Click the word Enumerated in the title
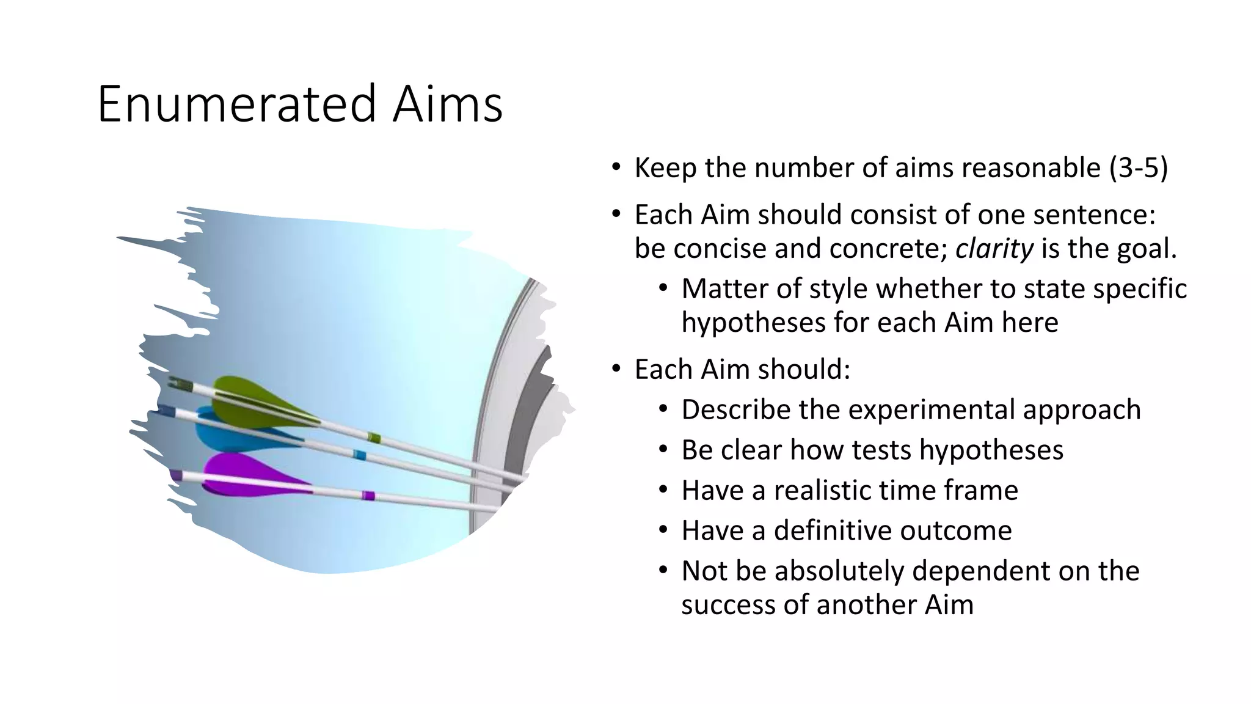(x=236, y=104)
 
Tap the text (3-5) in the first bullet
(x=1138, y=167)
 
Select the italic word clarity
(x=994, y=248)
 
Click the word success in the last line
(x=726, y=604)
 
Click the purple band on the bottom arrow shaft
(x=368, y=495)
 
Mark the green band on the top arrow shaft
(x=374, y=438)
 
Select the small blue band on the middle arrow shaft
(x=360, y=455)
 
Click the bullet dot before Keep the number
(x=616, y=167)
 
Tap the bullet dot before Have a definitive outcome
(x=663, y=530)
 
